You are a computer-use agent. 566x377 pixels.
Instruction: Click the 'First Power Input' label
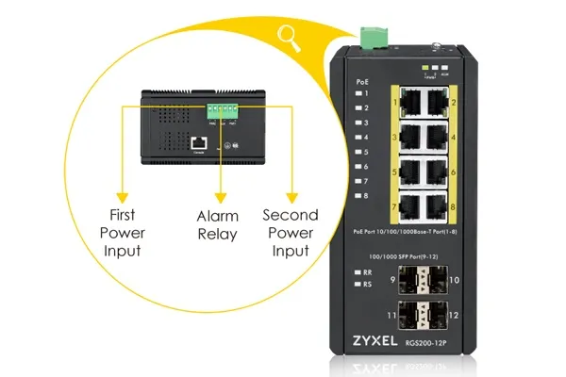tap(123, 233)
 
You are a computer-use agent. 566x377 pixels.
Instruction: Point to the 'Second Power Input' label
tap(290, 233)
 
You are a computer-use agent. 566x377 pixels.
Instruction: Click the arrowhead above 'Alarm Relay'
tap(221, 197)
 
